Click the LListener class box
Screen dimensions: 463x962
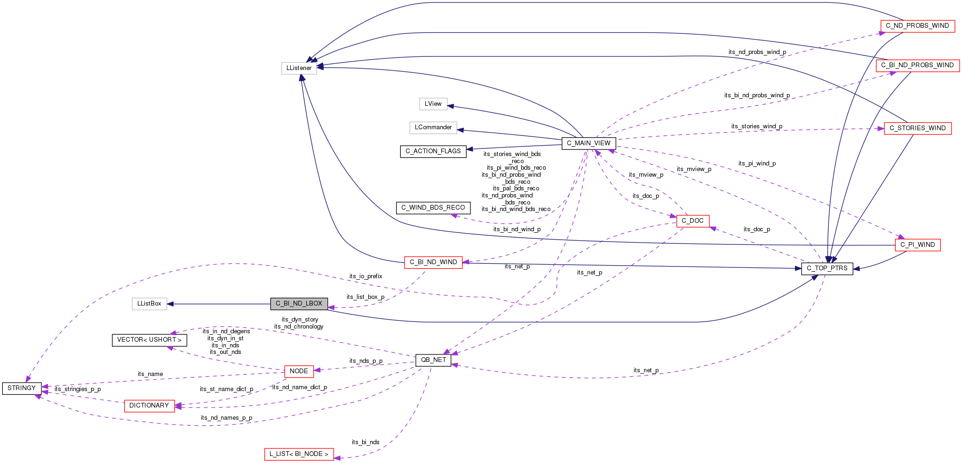pos(299,68)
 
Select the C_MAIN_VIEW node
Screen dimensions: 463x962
pos(588,143)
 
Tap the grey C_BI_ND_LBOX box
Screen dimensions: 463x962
pos(299,304)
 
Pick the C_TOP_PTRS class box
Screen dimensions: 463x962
pos(827,268)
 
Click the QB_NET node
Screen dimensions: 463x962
pos(433,360)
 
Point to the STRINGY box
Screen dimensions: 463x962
pos(22,388)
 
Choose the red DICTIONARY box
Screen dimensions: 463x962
pos(149,406)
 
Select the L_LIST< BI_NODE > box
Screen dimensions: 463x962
pos(299,454)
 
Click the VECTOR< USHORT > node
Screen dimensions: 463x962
pos(149,340)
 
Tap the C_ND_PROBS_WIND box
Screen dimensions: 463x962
pos(917,26)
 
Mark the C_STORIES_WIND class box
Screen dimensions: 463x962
pos(917,128)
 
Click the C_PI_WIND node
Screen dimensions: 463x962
pos(917,245)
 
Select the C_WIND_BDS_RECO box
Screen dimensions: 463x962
pos(433,208)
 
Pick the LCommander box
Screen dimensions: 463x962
pos(433,127)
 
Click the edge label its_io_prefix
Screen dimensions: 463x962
pos(366,276)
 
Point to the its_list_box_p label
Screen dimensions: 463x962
pos(365,297)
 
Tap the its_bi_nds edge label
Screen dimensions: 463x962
pos(365,442)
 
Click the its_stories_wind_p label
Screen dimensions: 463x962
pos(756,126)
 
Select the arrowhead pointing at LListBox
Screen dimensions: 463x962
pos(171,304)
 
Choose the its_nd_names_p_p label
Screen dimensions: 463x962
pos(226,418)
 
